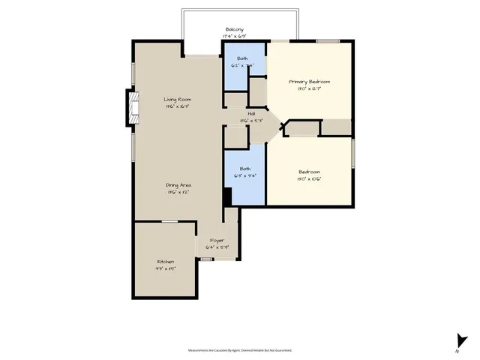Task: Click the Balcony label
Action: click(234, 29)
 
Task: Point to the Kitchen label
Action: click(165, 262)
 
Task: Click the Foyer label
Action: click(217, 240)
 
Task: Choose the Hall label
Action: click(241, 114)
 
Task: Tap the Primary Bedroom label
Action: click(310, 81)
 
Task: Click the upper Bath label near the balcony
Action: click(243, 58)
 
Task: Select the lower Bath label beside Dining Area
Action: click(245, 169)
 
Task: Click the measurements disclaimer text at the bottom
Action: click(240, 349)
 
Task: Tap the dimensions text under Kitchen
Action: click(165, 268)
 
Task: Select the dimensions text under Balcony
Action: click(234, 36)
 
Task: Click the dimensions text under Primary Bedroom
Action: click(310, 88)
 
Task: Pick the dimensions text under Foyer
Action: click(217, 247)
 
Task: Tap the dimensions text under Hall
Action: click(241, 121)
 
